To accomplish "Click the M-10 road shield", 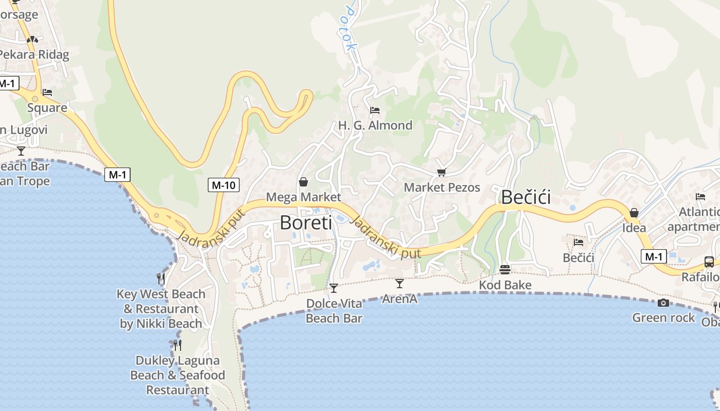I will pyautogui.click(x=224, y=185).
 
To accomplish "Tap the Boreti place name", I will pyautogui.click(x=306, y=222).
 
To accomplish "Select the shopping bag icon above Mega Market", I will pyautogui.click(x=303, y=182).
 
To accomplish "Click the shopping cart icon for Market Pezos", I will pyautogui.click(x=441, y=173).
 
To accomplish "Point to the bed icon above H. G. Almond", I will pyautogui.click(x=375, y=110).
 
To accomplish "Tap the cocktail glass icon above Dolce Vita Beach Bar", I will pyautogui.click(x=334, y=288).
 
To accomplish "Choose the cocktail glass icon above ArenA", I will pyautogui.click(x=400, y=283).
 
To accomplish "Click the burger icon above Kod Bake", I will pyautogui.click(x=505, y=270).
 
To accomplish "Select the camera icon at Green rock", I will pyautogui.click(x=663, y=303).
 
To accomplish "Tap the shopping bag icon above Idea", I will pyautogui.click(x=634, y=213).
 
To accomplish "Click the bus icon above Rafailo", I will pyautogui.click(x=709, y=262).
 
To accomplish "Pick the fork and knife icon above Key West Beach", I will pyautogui.click(x=161, y=279).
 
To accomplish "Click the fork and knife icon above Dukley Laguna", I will pyautogui.click(x=177, y=345).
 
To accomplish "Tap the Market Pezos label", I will pyautogui.click(x=442, y=188).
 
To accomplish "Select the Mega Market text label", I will pyautogui.click(x=303, y=197).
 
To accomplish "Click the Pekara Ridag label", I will pyautogui.click(x=34, y=54).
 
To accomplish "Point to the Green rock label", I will pyautogui.click(x=663, y=317).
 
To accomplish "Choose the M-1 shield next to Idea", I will pyautogui.click(x=654, y=256).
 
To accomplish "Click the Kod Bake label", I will pyautogui.click(x=505, y=285).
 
